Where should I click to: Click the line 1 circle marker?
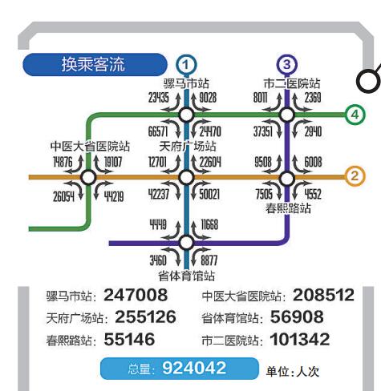tap(186, 65)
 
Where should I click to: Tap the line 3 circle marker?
tap(286, 64)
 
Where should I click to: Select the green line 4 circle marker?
tap(355, 115)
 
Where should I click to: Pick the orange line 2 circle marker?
tap(355, 176)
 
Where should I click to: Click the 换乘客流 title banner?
tap(95, 64)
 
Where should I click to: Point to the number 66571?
tap(158, 131)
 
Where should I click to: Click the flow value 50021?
tap(209, 194)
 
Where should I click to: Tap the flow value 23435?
tap(159, 98)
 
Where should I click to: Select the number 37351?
tap(263, 131)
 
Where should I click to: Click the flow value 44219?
tap(114, 197)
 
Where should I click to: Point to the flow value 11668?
tap(209, 224)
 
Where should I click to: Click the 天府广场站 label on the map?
tap(188, 146)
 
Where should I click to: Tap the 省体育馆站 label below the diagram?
tap(186, 276)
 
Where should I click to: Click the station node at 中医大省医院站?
tap(88, 177)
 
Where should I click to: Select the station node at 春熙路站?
tap(287, 179)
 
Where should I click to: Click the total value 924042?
tap(194, 368)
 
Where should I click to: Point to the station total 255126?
tap(145, 317)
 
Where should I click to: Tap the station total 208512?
tap(323, 295)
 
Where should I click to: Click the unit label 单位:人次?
tap(293, 372)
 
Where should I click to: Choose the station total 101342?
tap(300, 340)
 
